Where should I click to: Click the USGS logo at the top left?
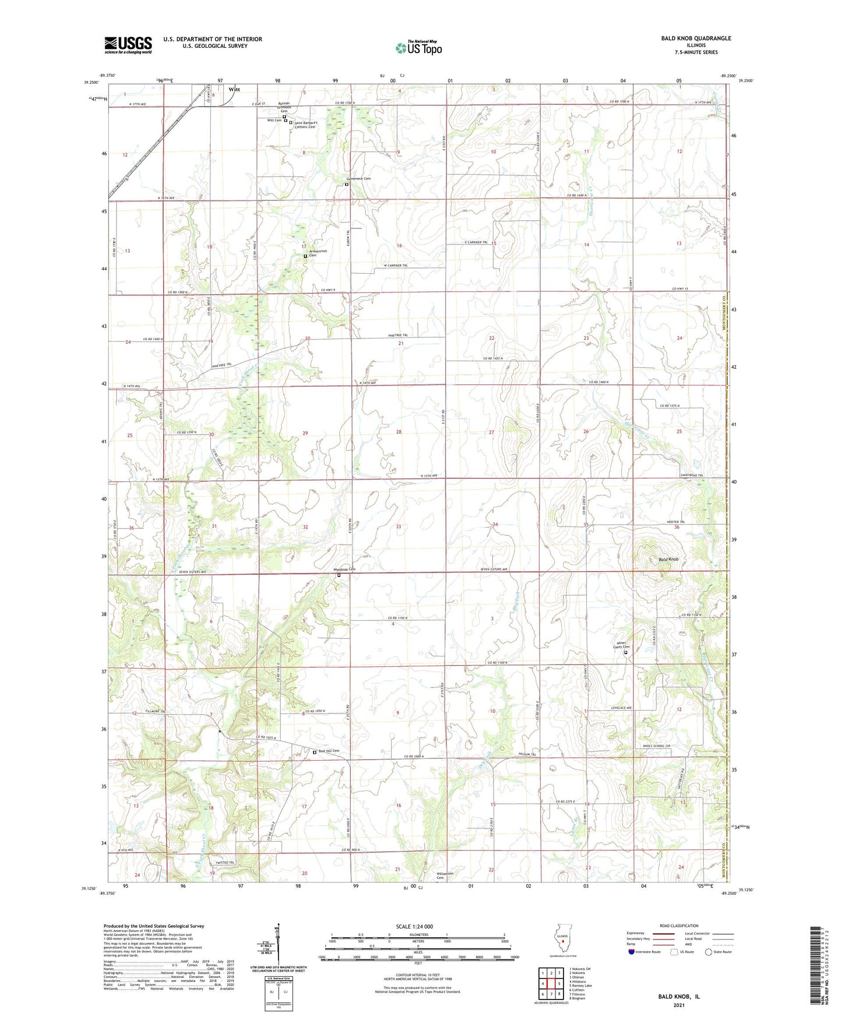point(128,44)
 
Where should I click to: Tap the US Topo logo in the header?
point(418,48)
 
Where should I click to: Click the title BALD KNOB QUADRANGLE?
point(696,38)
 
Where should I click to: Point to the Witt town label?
point(234,89)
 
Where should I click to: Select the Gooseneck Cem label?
point(358,179)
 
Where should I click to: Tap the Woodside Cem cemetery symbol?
point(339,575)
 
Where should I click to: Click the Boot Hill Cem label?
point(328,751)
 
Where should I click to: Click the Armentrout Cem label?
point(318,253)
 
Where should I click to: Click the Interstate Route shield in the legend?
point(632,952)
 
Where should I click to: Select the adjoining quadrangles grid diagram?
point(551,985)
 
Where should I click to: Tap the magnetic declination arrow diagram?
point(278,944)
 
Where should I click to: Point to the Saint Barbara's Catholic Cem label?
point(305,125)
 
